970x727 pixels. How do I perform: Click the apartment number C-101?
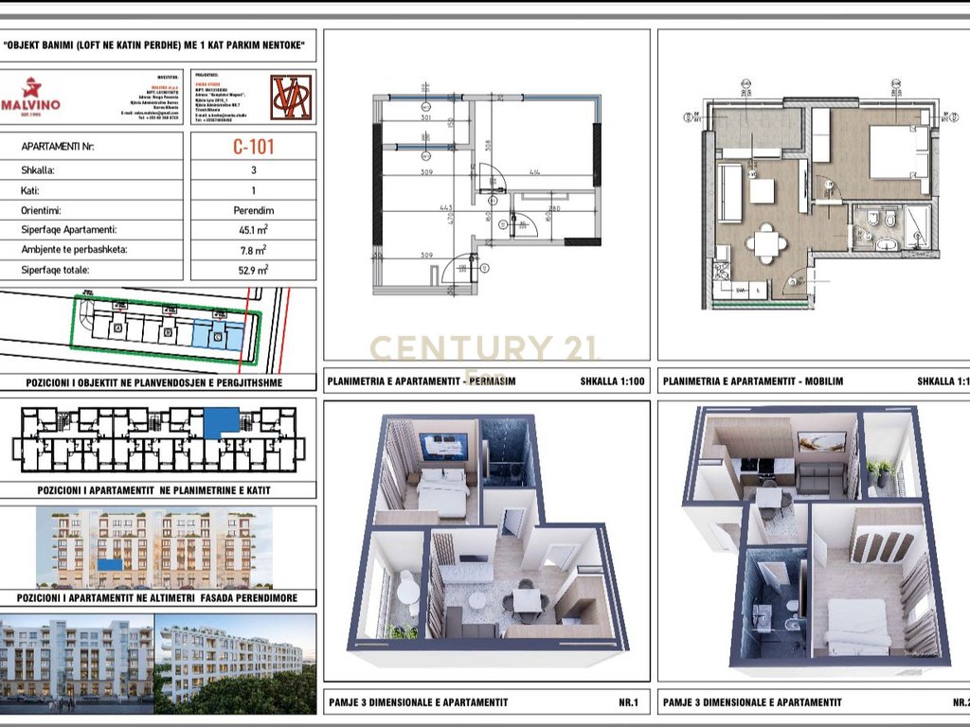point(253,148)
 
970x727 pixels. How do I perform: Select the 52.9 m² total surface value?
point(253,270)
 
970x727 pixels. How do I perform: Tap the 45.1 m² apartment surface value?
point(253,229)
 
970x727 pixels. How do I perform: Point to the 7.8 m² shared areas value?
point(253,250)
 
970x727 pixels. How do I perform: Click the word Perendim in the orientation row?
point(253,210)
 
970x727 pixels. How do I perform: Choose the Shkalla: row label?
point(39,170)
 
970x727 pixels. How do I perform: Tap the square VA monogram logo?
point(290,98)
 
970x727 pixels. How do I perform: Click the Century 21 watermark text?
point(483,349)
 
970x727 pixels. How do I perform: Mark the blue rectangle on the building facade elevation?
point(113,564)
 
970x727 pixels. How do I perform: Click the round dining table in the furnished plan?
point(765,243)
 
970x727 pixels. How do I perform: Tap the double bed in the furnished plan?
point(896,151)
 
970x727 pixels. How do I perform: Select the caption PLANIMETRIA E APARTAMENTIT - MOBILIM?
point(753,381)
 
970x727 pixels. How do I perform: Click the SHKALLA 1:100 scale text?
point(612,382)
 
